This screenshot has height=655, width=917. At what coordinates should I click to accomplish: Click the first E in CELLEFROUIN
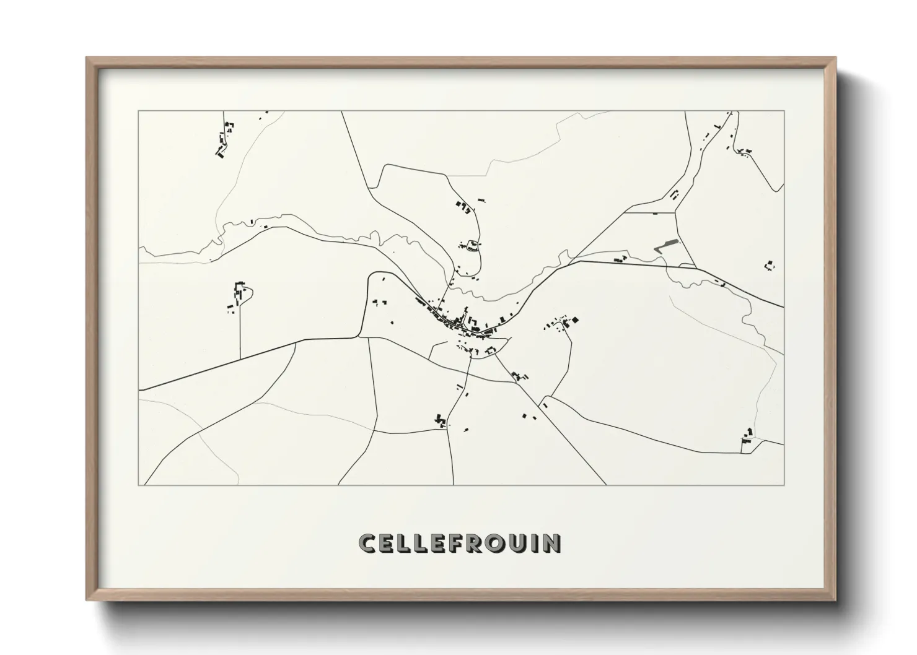[387, 544]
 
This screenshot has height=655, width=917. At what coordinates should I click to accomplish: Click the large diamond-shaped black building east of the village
[574, 319]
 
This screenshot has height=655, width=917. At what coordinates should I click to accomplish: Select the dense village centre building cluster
[462, 323]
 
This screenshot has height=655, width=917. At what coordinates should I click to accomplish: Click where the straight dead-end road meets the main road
[240, 359]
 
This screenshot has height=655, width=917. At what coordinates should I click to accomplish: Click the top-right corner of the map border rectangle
[784, 111]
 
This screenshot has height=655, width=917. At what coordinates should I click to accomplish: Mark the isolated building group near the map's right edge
[770, 266]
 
